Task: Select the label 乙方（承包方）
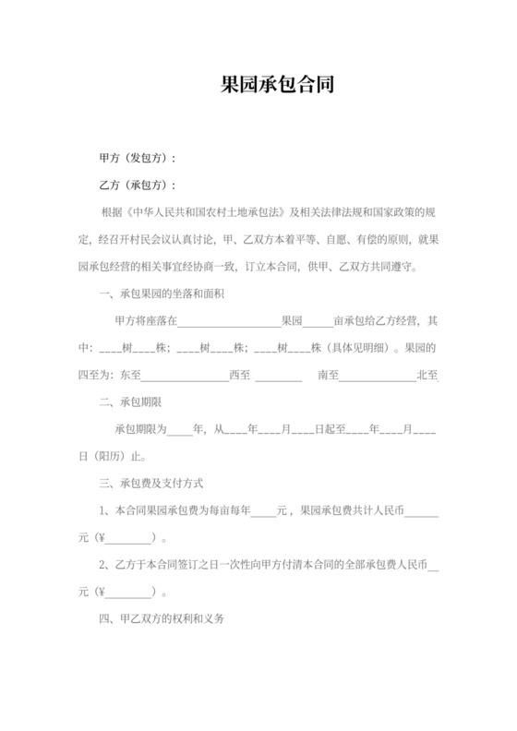137,185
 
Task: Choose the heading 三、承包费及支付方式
150,484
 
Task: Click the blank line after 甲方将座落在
228,324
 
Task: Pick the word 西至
239,376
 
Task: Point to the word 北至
427,376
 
